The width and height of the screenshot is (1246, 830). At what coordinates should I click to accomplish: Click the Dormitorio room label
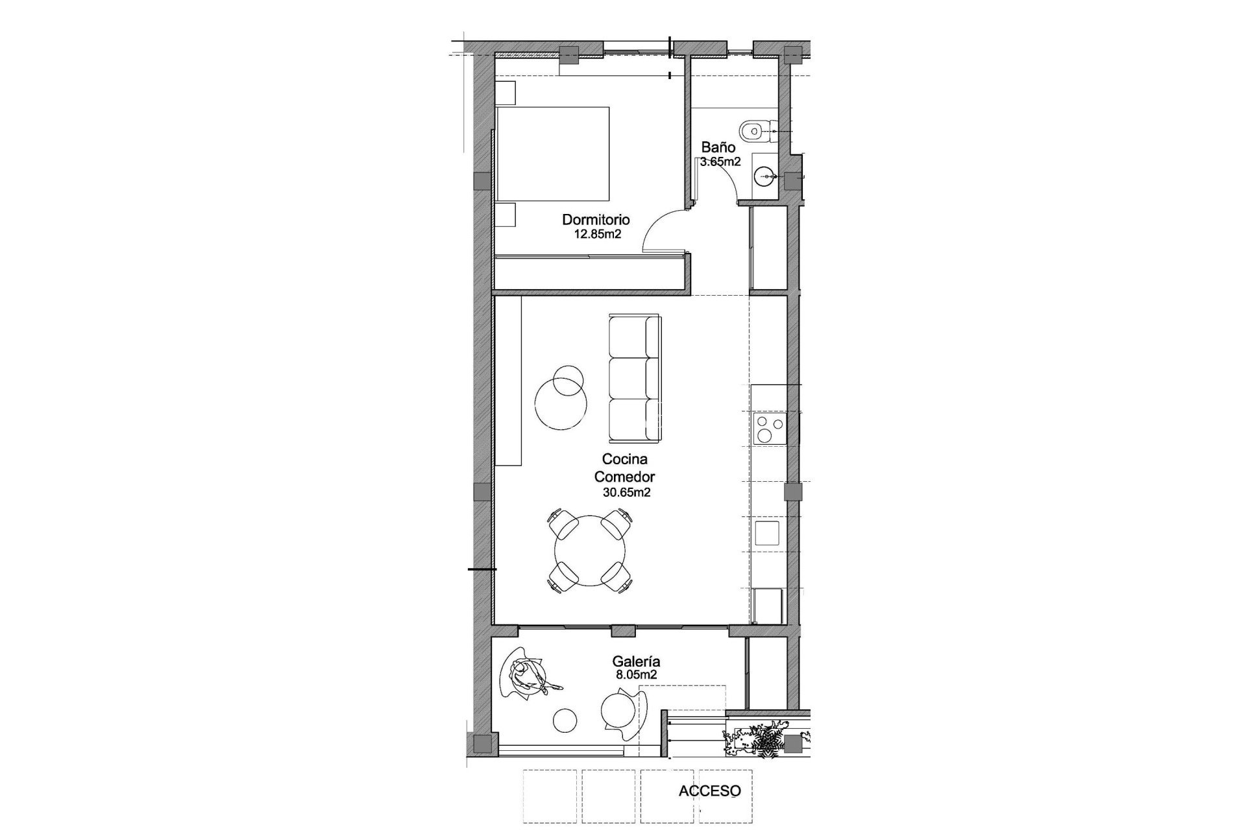[x=595, y=220]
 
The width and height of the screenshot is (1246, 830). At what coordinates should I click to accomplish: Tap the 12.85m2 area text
[x=598, y=234]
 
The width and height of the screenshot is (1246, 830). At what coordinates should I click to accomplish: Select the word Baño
[x=718, y=147]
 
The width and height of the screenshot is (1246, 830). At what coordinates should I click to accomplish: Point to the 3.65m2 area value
[x=720, y=161]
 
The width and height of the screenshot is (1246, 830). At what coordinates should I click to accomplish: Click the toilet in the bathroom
[x=754, y=131]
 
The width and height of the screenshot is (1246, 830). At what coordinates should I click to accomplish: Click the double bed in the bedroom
[x=553, y=154]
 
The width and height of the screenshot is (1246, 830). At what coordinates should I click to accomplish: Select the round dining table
[x=590, y=551]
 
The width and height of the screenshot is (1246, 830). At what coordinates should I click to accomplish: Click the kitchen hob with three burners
[x=769, y=429]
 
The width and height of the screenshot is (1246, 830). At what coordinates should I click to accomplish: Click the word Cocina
[x=624, y=459]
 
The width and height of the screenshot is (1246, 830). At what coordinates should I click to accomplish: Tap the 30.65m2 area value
[x=626, y=493]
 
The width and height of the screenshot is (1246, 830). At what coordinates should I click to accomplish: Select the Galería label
[x=636, y=662]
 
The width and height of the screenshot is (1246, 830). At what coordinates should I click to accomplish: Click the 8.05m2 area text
[x=636, y=674]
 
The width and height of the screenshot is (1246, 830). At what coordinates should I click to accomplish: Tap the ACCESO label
[x=709, y=791]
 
